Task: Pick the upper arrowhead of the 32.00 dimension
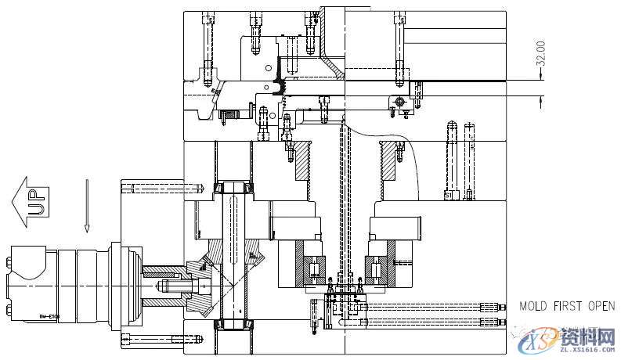click(x=540, y=79)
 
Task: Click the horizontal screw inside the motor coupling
click(x=168, y=286)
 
